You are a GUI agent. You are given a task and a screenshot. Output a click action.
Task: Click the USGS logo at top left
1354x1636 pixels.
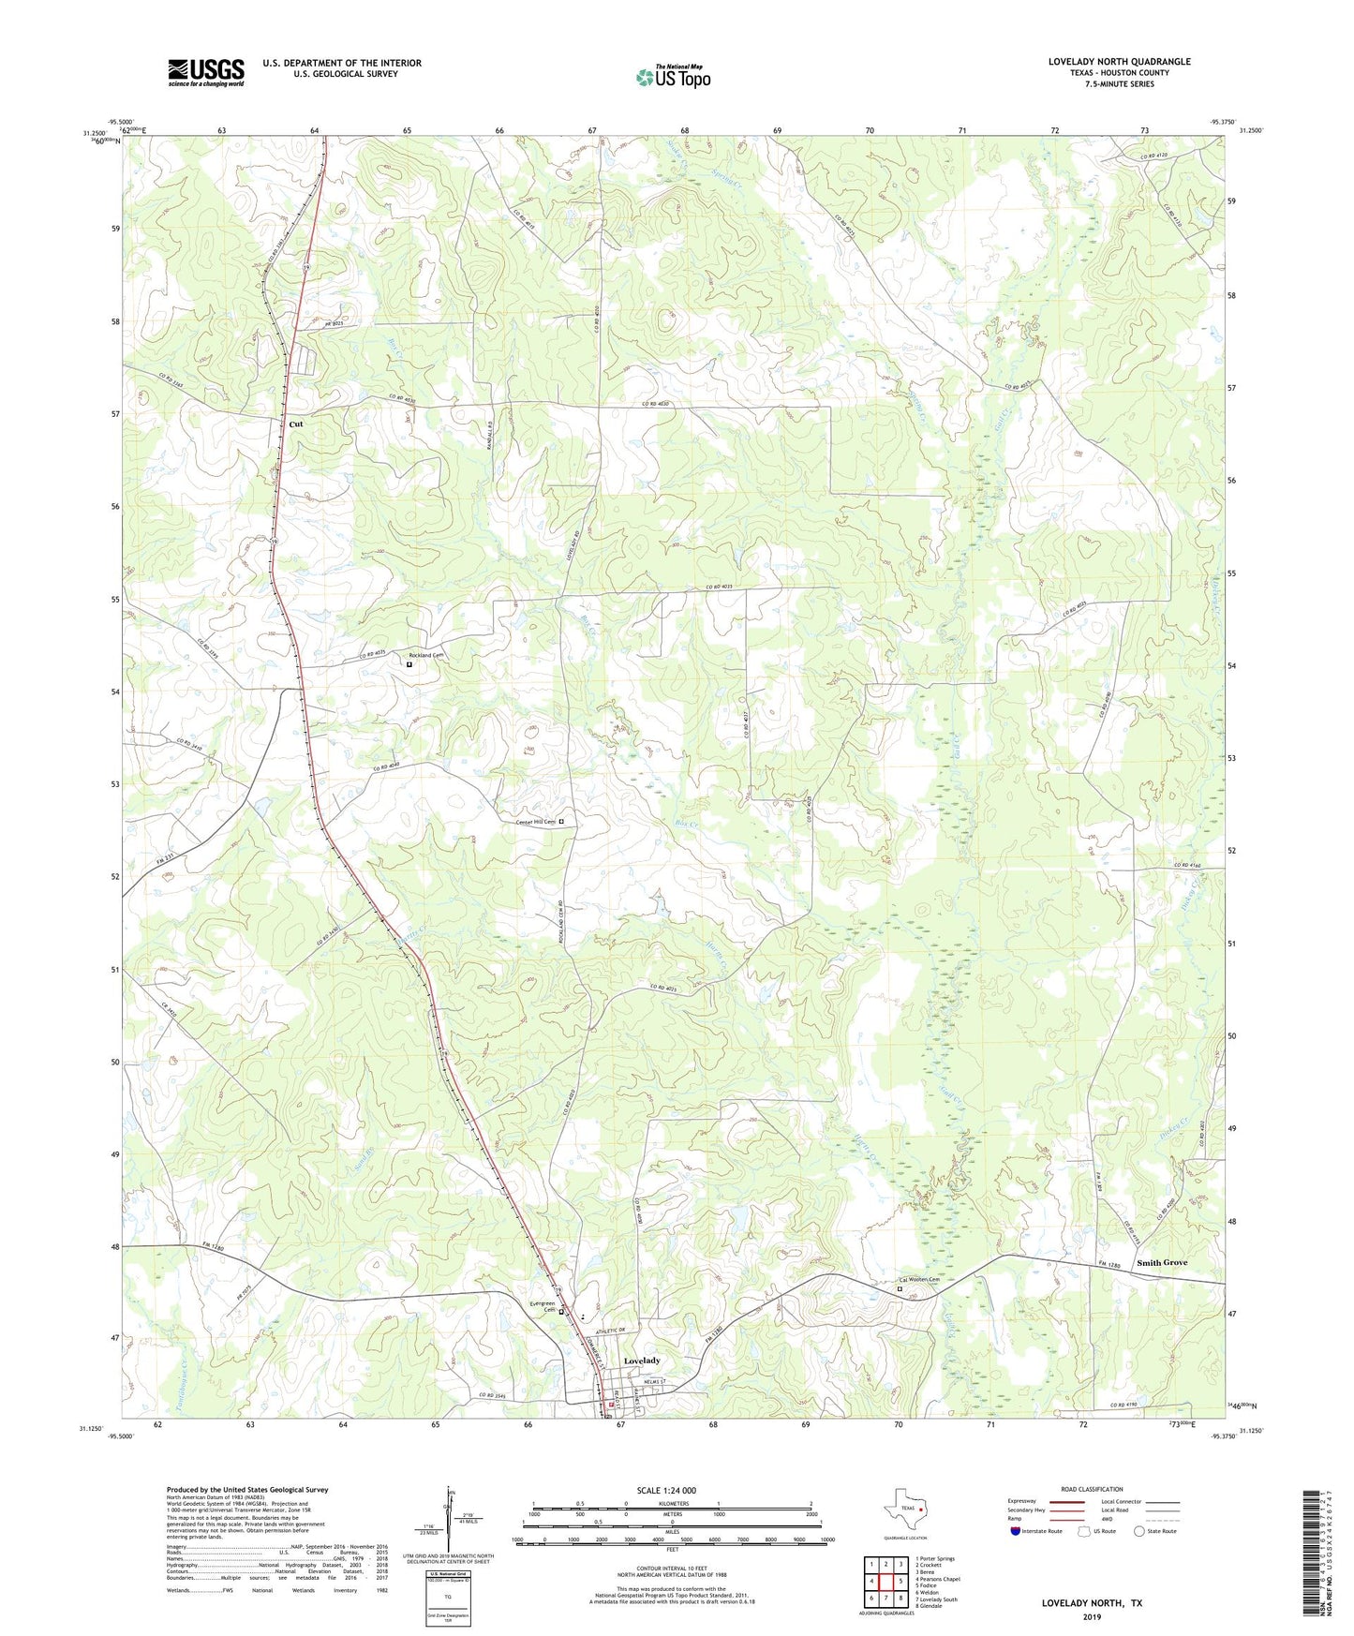[205, 72]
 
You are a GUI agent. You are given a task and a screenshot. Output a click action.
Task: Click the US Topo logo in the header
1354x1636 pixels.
[673, 77]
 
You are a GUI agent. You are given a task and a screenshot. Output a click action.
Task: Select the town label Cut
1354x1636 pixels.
[296, 424]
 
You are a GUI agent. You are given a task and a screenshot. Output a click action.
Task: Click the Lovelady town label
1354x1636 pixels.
[642, 1361]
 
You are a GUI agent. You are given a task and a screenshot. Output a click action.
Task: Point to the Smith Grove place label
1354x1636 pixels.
[1161, 1263]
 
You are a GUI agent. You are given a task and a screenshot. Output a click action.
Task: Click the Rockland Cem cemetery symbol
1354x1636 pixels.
[409, 664]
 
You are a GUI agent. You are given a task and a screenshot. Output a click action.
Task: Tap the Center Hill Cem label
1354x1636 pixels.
[536, 823]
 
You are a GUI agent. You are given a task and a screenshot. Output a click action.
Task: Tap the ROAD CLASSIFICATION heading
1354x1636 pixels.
[1092, 1489]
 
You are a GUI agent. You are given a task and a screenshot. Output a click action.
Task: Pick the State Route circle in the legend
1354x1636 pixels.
[1139, 1531]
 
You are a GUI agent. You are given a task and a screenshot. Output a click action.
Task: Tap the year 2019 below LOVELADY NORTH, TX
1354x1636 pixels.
[1092, 1616]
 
